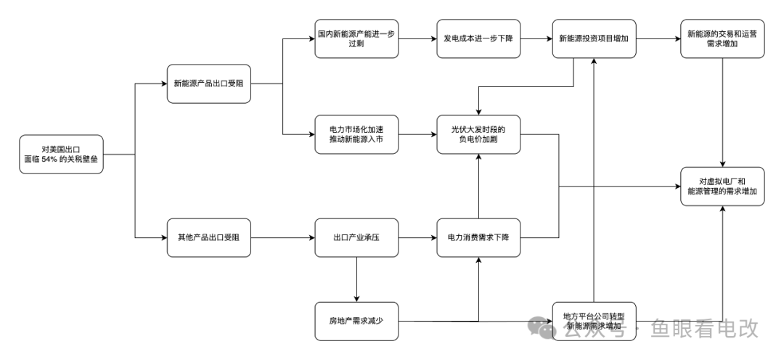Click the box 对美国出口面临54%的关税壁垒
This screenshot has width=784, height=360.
coord(62,154)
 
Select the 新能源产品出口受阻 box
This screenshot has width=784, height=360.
coord(209,83)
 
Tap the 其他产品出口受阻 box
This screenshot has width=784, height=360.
coord(209,237)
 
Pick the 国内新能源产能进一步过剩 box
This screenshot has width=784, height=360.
coord(356,39)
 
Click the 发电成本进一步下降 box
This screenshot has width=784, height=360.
coord(478,39)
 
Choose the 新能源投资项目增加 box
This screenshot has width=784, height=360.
coord(594,39)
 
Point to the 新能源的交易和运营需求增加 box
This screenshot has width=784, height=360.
coord(722,39)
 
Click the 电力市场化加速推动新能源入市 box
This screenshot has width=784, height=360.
coord(356,134)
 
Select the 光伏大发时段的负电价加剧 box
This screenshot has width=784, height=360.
coord(478,134)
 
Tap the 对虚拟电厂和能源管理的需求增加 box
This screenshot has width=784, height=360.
coord(722,186)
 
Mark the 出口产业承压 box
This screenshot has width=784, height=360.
coord(356,237)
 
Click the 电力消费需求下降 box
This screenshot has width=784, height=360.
coord(478,237)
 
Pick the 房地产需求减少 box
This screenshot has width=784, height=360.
coord(356,320)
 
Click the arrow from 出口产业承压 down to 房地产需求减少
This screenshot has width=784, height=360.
coord(356,279)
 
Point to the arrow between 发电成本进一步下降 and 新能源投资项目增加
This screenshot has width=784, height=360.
coord(536,39)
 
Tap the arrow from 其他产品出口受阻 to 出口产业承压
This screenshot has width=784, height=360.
coord(282,237)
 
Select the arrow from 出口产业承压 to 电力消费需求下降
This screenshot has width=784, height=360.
coord(417,237)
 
